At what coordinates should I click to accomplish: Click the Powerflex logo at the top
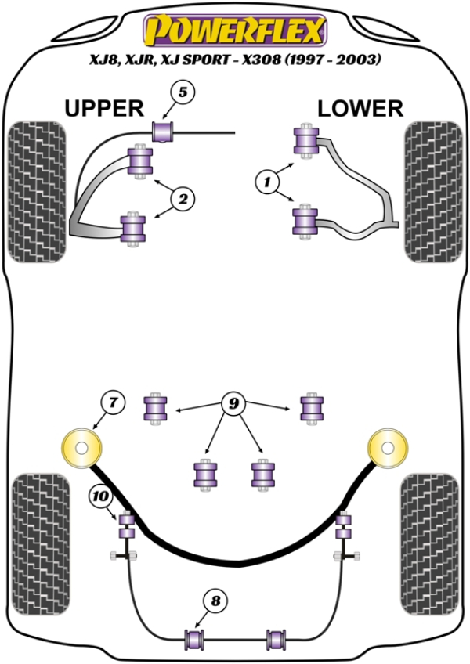point(234,31)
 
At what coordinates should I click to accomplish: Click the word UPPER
point(103,108)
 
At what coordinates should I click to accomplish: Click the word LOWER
point(360,108)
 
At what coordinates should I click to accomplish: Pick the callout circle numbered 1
point(269,182)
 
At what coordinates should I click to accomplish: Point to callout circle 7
point(113,404)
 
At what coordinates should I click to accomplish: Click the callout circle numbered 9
point(233,404)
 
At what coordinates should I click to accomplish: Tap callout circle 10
point(101,495)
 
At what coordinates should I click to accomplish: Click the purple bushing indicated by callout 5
point(163,131)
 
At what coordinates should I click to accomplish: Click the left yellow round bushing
point(81,449)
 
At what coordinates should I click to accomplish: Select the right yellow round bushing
point(389,449)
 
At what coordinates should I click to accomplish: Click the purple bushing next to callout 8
point(193,639)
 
